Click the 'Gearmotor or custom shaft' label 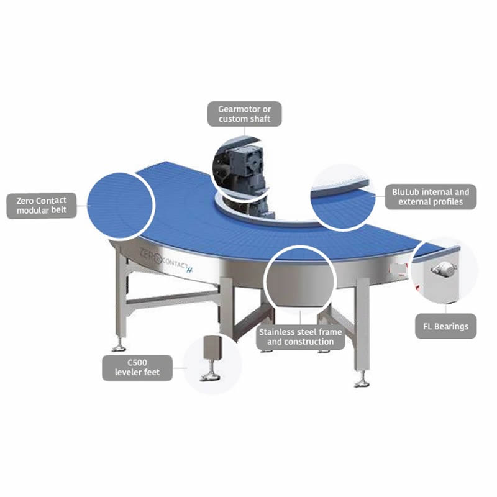(x=244, y=114)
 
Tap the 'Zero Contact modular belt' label (x=42, y=206)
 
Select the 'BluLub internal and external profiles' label (x=431, y=197)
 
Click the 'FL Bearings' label (x=445, y=326)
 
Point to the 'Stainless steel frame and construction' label (x=300, y=337)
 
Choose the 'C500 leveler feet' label (x=137, y=368)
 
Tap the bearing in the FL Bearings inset (x=444, y=270)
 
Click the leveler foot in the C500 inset (x=211, y=358)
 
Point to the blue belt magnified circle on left (x=120, y=206)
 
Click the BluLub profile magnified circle (x=342, y=197)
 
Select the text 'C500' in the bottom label (x=137, y=363)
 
